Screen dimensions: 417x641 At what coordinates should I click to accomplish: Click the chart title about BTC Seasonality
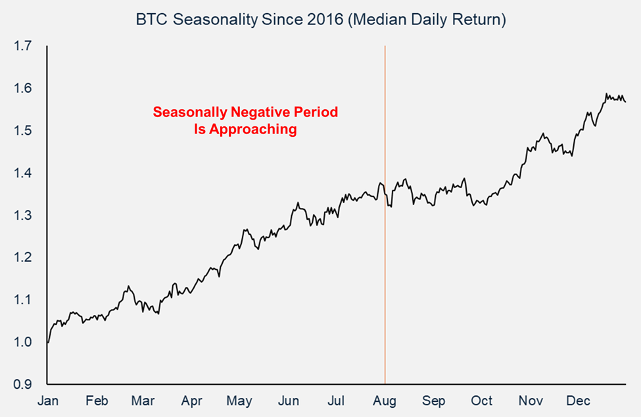[x=320, y=20]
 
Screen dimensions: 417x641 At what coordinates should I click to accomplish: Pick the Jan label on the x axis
[x=48, y=401]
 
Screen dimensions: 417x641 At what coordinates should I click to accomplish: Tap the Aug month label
[x=385, y=401]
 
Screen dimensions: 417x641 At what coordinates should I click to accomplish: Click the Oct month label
[x=482, y=401]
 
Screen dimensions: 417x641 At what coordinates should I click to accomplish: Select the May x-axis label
[x=240, y=401]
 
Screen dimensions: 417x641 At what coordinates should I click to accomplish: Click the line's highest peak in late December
[x=605, y=94]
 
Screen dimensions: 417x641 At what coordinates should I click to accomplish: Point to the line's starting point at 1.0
[x=48, y=342]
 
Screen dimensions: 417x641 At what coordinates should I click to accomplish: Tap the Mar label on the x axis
[x=143, y=401]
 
